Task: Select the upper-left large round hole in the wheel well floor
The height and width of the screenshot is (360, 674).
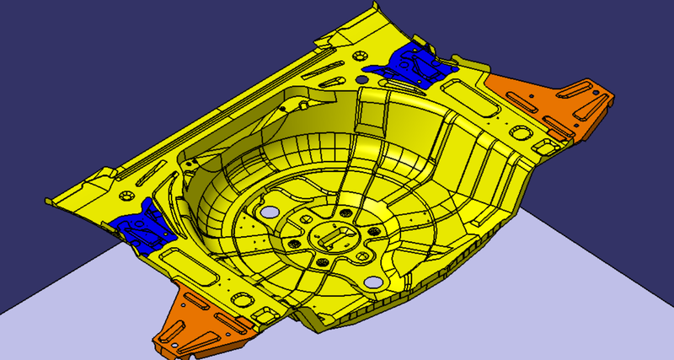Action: tap(271, 212)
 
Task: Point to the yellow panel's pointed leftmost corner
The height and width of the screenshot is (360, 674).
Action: tap(48, 201)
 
